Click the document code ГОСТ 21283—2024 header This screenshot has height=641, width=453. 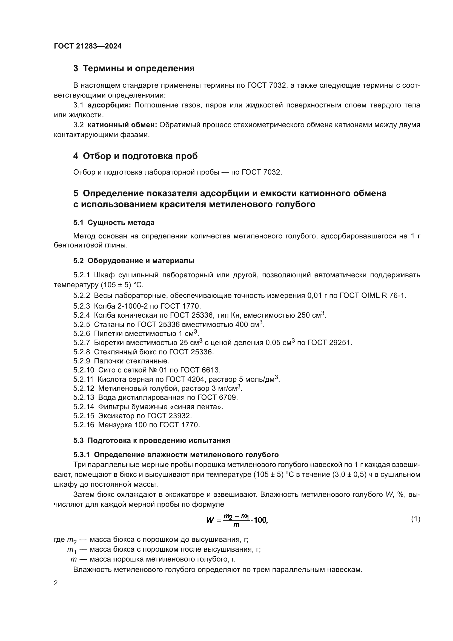click(x=88, y=46)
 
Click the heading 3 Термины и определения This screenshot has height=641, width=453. click(x=134, y=69)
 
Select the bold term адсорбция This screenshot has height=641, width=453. click(x=109, y=105)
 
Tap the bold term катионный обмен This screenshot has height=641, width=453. click(x=122, y=125)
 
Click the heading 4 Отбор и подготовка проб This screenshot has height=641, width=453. click(x=135, y=156)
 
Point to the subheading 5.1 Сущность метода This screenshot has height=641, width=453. click(x=114, y=223)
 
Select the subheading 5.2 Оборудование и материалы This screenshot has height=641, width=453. click(x=134, y=260)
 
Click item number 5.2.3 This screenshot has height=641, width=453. click(x=82, y=306)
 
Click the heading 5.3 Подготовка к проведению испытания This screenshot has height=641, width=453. click(x=152, y=441)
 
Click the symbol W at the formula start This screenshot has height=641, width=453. click(x=210, y=520)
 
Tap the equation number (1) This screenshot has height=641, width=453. click(x=416, y=519)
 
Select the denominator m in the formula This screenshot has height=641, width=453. click(x=236, y=525)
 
